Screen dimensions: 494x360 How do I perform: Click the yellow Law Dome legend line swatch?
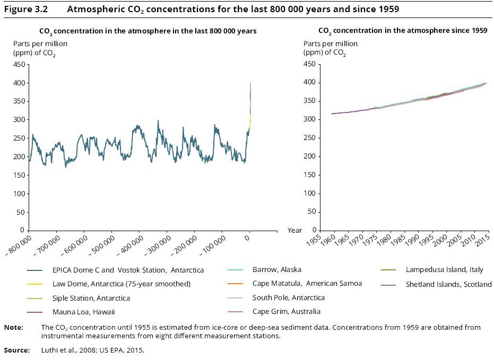[34, 284]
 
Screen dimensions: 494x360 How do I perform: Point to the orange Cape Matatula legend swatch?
[236, 284]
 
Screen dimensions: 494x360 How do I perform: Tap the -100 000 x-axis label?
[213, 245]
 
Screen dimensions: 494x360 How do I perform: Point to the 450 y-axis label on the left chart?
[19, 65]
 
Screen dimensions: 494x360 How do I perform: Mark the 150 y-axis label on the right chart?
[309, 175]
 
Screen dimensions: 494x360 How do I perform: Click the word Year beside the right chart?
[294, 231]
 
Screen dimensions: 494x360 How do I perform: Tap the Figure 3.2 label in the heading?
[26, 9]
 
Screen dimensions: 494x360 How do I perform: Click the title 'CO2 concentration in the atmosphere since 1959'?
[403, 31]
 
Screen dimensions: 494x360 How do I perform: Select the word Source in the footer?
[17, 350]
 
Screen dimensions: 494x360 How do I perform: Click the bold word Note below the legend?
[14, 328]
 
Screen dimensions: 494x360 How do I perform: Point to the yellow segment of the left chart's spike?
[250, 122]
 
